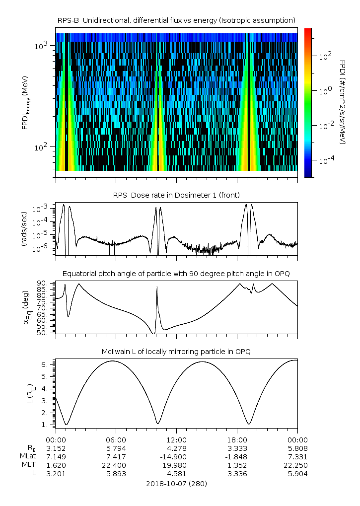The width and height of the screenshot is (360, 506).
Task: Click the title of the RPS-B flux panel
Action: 176,20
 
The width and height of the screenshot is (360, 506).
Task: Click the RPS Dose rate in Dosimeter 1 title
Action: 176,194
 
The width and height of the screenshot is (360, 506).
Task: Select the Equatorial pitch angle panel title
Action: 176,274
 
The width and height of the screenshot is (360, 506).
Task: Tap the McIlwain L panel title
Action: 176,352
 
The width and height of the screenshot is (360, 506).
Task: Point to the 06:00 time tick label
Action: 116,439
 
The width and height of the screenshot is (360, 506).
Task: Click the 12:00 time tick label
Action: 177,439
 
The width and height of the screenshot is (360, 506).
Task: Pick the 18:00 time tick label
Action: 237,439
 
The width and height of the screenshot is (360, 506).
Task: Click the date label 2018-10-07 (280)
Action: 176,483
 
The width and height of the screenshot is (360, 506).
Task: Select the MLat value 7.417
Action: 116,456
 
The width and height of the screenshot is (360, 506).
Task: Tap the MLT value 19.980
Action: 177,465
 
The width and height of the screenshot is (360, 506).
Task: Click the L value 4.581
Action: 177,474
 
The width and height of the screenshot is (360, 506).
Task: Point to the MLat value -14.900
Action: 177,456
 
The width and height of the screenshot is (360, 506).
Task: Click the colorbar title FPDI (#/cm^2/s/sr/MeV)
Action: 342,102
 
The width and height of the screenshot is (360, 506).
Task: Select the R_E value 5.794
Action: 116,448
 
